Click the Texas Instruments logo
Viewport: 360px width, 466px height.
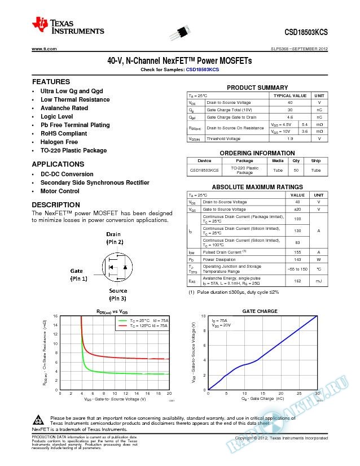pyautogui.click(x=68, y=26)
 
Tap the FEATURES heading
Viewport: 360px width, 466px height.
pyautogui.click(x=51, y=82)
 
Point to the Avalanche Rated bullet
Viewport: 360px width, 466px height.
pyautogui.click(x=64, y=108)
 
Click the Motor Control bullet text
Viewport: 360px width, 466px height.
pyautogui.click(x=59, y=191)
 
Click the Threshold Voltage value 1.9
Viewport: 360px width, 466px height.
pyautogui.click(x=290, y=138)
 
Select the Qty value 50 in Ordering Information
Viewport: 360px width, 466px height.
pyautogui.click(x=296, y=170)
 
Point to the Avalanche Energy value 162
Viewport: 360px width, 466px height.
pyautogui.click(x=297, y=281)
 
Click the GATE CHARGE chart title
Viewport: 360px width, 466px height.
pyautogui.click(x=260, y=311)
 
